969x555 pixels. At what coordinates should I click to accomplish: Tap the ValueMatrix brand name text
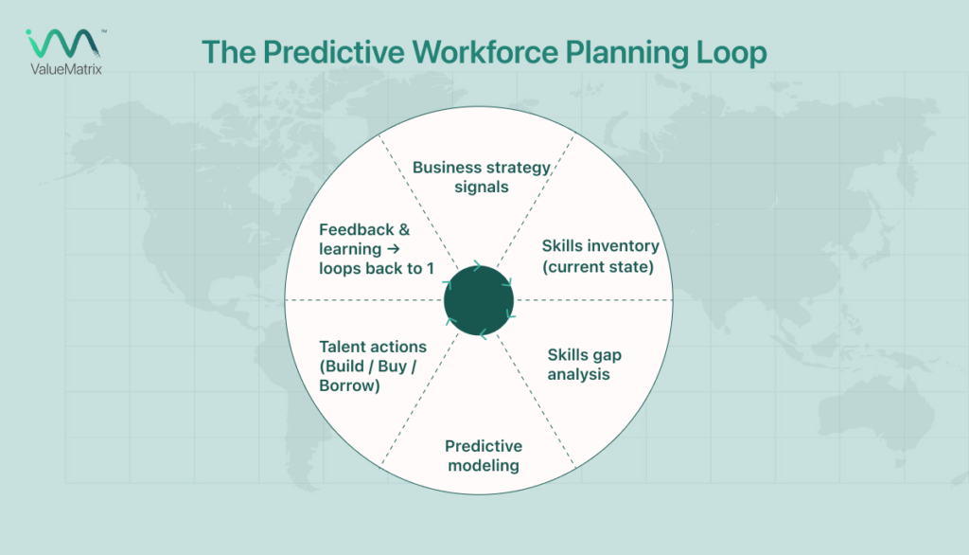click(x=64, y=68)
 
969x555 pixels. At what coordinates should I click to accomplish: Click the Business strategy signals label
click(x=482, y=177)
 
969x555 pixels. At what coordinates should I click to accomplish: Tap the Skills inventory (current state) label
click(x=600, y=256)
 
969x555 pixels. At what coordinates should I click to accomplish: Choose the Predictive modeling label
click(x=484, y=456)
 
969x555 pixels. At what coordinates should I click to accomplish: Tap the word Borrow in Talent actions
click(x=350, y=385)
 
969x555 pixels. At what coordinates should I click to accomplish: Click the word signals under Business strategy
click(x=482, y=187)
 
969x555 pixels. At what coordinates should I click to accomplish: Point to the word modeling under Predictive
click(x=484, y=465)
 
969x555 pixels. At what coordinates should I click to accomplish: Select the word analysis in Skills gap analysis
click(x=579, y=374)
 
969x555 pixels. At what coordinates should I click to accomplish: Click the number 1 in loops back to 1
click(x=430, y=268)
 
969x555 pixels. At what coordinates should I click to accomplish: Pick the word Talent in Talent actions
click(x=342, y=347)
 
